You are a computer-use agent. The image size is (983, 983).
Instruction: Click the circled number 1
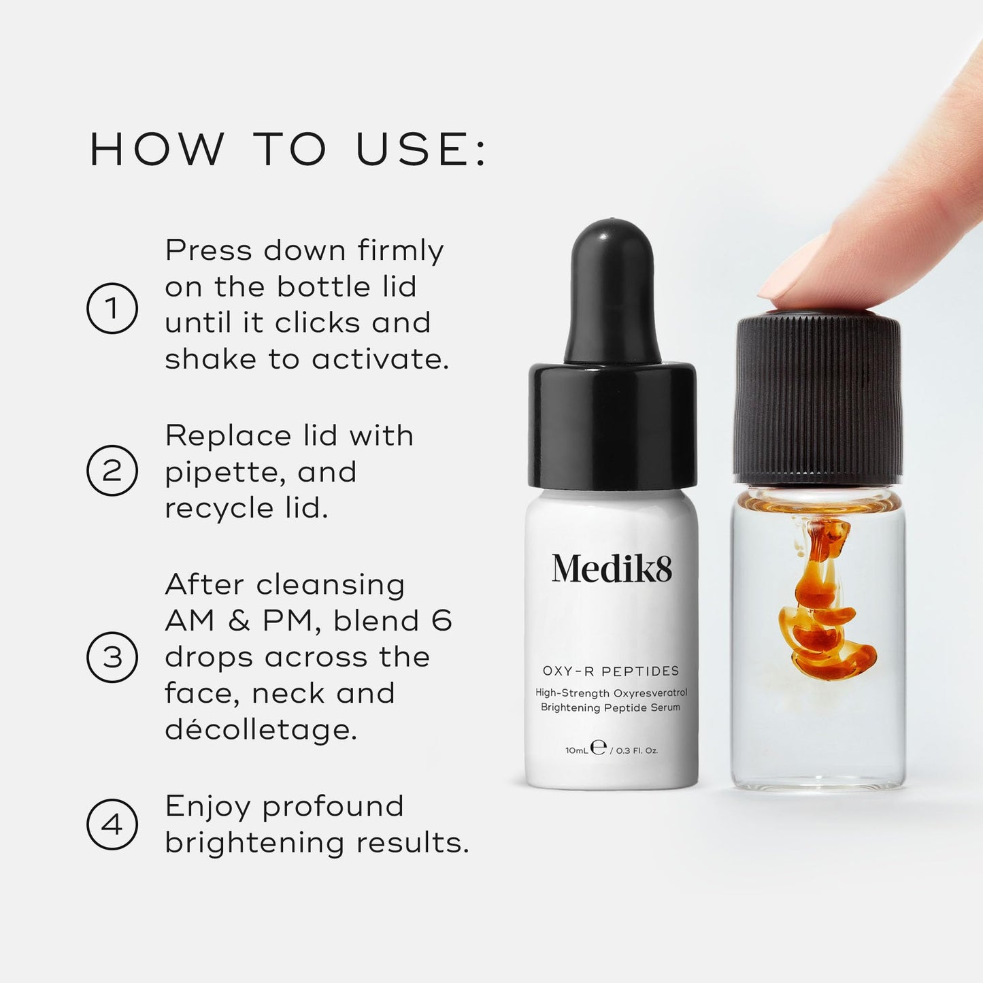[112, 308]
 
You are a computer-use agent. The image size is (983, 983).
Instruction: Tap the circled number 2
[112, 471]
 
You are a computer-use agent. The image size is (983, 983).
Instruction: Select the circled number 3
[112, 657]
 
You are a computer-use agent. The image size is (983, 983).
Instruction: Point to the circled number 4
[112, 824]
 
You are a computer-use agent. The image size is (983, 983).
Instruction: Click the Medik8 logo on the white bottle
[612, 569]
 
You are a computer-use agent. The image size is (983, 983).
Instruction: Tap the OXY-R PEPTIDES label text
[611, 671]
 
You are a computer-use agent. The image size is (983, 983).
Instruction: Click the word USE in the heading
[412, 150]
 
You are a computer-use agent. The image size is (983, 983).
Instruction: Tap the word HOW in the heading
[157, 150]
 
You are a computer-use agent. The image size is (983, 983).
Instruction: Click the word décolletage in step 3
[261, 730]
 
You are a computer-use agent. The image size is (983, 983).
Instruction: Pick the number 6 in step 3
[441, 620]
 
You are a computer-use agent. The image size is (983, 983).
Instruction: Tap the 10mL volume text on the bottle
[576, 750]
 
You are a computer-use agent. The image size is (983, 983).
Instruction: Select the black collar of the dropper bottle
[612, 425]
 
